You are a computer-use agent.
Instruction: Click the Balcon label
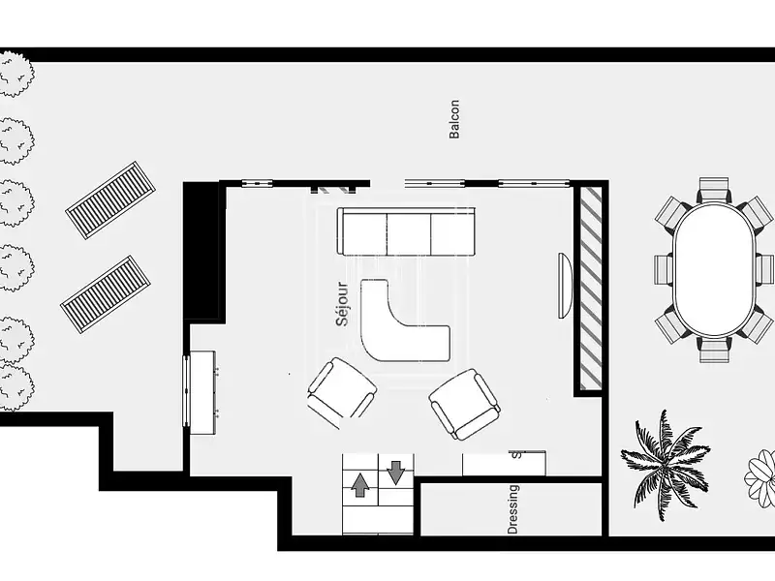point(454,119)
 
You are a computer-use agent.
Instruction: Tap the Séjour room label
point(342,303)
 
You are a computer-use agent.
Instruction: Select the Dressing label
point(512,509)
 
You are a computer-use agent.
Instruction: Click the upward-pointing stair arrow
point(360,484)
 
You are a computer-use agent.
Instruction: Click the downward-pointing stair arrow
point(395,472)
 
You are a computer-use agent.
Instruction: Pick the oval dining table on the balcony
point(715,269)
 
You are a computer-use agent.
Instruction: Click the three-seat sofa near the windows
point(406,231)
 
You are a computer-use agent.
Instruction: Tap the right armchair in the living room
point(465,403)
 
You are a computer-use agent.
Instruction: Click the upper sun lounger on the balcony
point(111,200)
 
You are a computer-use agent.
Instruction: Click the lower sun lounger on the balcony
point(106,294)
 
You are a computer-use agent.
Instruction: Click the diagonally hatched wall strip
point(590,289)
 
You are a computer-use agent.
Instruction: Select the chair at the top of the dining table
point(714,189)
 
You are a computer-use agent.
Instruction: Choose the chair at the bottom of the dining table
point(715,350)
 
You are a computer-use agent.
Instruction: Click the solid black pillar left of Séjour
point(202,250)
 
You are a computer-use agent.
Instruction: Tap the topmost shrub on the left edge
point(14,75)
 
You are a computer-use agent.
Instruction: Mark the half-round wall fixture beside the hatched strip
point(564,285)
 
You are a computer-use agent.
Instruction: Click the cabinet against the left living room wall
point(201,392)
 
